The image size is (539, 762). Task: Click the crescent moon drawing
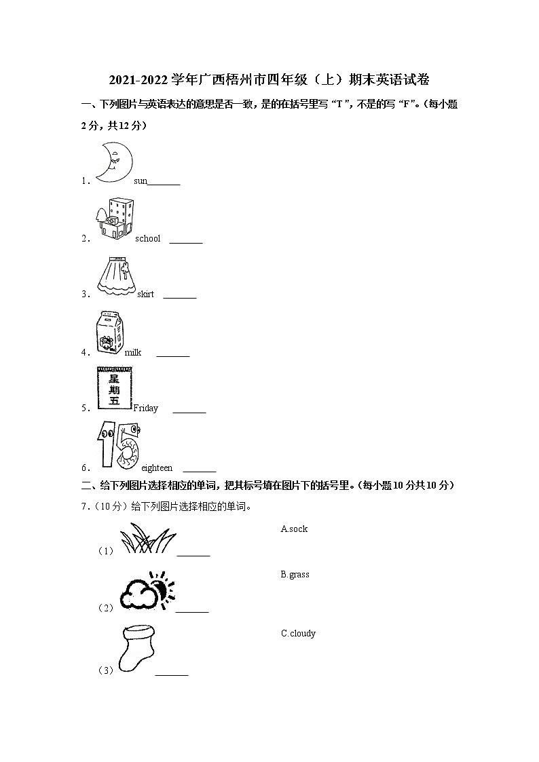click(x=113, y=162)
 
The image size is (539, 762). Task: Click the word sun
click(x=141, y=181)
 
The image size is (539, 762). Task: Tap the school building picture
click(x=114, y=218)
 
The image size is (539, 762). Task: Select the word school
click(x=148, y=239)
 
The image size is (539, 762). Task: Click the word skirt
click(x=146, y=294)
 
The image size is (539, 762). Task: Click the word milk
click(x=133, y=353)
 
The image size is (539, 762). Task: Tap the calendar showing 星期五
click(x=114, y=388)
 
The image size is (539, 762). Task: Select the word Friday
click(x=146, y=408)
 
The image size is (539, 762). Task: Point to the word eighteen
click(x=157, y=468)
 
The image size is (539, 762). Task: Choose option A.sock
click(x=294, y=529)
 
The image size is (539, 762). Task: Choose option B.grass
click(x=295, y=575)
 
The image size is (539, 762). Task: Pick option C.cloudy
click(x=298, y=634)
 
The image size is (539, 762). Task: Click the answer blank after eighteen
click(x=200, y=470)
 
